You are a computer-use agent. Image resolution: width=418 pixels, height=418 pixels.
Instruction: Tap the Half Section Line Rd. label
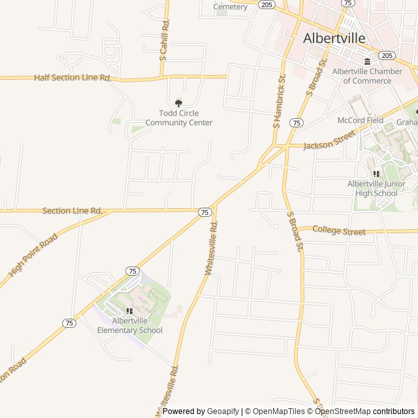click(x=72, y=78)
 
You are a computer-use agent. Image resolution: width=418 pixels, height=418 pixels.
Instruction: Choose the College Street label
click(x=340, y=231)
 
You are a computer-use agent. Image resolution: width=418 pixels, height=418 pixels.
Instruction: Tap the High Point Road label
click(x=30, y=256)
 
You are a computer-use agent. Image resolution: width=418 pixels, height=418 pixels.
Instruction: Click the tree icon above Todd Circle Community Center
click(x=179, y=102)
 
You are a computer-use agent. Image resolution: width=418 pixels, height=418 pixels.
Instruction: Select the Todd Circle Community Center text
click(x=179, y=118)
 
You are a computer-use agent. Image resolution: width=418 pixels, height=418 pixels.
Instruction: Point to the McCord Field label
click(x=360, y=120)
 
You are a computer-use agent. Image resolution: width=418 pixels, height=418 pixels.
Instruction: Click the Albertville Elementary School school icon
click(x=129, y=311)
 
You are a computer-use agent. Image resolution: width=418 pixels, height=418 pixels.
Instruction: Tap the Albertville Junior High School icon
click(x=376, y=174)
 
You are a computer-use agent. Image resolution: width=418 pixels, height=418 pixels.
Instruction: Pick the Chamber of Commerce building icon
click(x=367, y=61)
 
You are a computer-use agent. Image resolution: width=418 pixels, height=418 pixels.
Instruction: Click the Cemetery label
click(x=231, y=7)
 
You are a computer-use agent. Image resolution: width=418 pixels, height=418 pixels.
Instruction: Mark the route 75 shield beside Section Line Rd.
click(x=205, y=212)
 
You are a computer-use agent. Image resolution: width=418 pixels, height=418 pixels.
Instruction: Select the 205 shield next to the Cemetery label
click(x=266, y=4)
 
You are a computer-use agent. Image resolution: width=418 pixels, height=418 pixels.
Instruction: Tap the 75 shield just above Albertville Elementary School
click(x=133, y=270)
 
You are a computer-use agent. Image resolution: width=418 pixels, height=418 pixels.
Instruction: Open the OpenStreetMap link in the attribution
click(x=343, y=411)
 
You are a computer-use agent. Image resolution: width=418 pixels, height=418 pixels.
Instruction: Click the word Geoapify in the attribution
click(x=223, y=411)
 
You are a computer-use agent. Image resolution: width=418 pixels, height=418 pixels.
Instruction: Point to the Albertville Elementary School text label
click(x=129, y=325)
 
